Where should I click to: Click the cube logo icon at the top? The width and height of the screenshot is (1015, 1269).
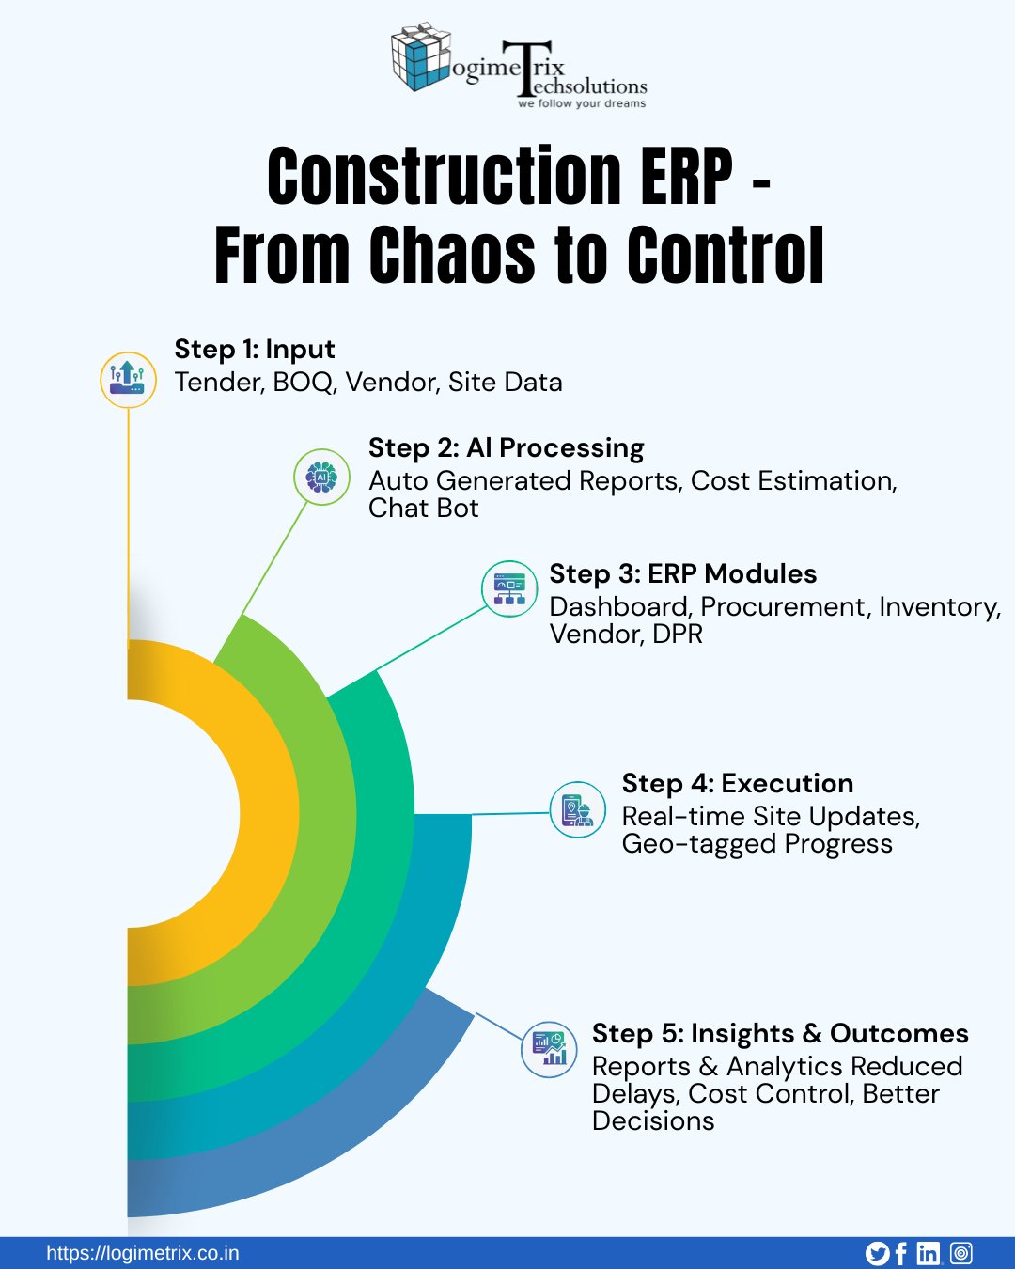coord(420,57)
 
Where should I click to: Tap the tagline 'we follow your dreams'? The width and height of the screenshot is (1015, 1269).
coord(582,104)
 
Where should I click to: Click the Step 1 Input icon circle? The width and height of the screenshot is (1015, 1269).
coord(128,380)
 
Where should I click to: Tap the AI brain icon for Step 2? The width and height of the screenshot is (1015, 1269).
coord(321,477)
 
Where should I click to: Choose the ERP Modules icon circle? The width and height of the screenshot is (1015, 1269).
coord(509,588)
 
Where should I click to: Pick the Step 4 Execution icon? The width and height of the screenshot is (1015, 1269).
coord(577,809)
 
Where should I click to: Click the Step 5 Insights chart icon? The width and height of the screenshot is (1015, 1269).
coord(549,1049)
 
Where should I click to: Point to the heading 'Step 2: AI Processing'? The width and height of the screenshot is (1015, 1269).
coord(506,447)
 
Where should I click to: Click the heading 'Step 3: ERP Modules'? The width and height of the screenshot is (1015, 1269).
coord(682,573)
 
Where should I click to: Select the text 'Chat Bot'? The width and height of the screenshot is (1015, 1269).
coord(423,509)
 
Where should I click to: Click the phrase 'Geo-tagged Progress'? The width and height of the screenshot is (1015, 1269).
coord(757,844)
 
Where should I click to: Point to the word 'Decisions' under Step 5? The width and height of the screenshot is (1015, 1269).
coord(653,1121)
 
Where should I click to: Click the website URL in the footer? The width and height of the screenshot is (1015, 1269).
coord(143,1253)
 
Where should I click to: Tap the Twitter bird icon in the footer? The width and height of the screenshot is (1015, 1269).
coord(877,1253)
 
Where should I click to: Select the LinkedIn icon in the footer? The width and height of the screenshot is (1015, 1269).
coord(929,1253)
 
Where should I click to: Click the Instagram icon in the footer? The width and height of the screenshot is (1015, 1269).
coord(960,1253)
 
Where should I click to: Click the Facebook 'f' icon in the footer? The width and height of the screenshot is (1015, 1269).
coord(901,1253)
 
